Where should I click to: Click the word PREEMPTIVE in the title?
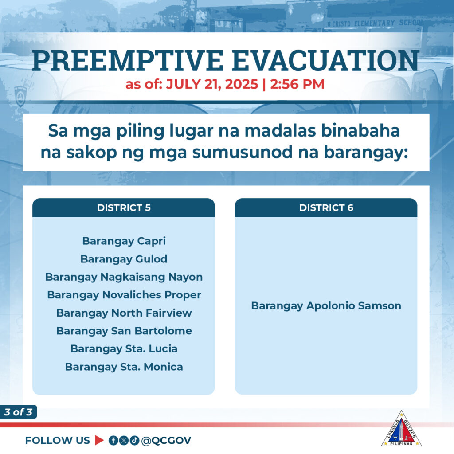[x=128, y=60]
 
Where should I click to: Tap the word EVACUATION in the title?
[x=326, y=60]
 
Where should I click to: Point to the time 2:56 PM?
[x=297, y=84]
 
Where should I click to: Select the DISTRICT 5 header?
[x=124, y=207]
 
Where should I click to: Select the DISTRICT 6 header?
[x=326, y=207]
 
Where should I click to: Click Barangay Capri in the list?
[x=124, y=241]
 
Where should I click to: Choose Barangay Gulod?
[x=124, y=259]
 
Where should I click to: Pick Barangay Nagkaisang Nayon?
[x=124, y=277]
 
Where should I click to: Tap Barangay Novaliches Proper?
[x=124, y=295]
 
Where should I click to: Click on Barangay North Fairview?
[x=124, y=313]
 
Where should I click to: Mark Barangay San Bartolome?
[x=124, y=331]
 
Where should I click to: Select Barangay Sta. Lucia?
[x=124, y=348]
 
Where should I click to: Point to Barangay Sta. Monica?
[x=124, y=367]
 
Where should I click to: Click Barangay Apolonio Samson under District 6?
[x=326, y=306]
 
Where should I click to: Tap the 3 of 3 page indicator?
[x=18, y=412]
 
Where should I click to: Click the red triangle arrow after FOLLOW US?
[x=99, y=440]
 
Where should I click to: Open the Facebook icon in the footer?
[x=113, y=440]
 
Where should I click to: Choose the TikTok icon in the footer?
[x=134, y=440]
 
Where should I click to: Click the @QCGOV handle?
[x=166, y=440]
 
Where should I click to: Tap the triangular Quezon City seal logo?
[x=401, y=429]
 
